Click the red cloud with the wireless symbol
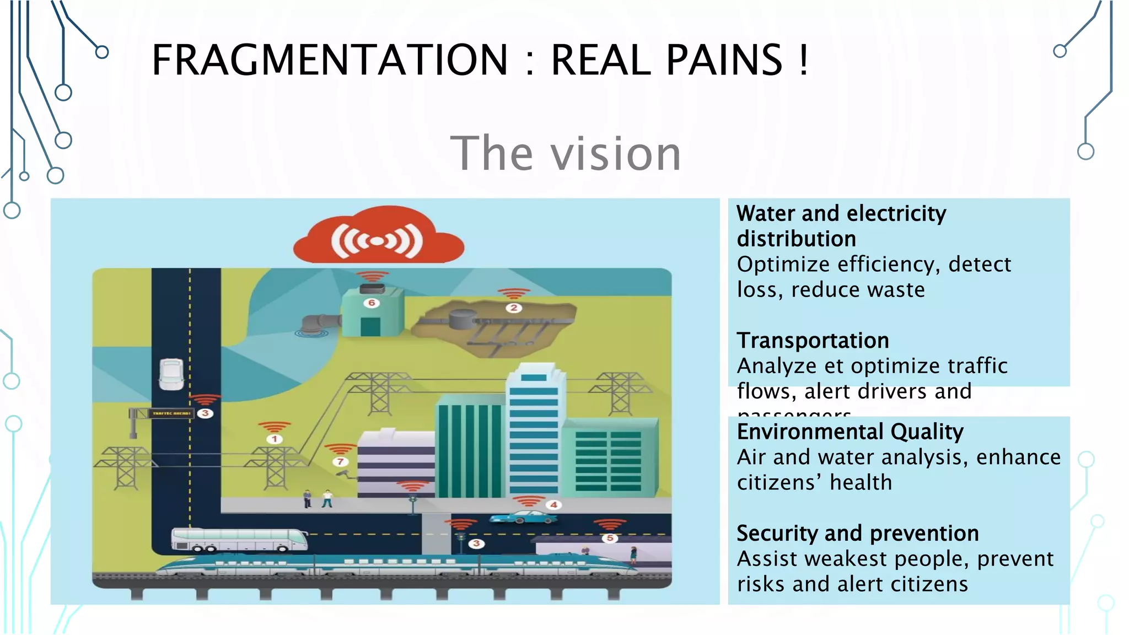coord(378,237)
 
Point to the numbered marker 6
coord(372,303)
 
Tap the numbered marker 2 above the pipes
coord(514,308)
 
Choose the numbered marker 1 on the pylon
coord(275,439)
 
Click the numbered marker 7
coord(340,461)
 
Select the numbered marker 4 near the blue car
coord(553,504)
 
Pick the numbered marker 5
coord(610,538)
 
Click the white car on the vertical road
coord(171,374)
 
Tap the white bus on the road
coord(239,540)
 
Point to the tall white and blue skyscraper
coord(534,430)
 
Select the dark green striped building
coord(470,449)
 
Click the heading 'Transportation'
coord(813,341)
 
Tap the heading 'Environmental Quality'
coord(850,432)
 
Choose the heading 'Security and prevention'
coord(858,533)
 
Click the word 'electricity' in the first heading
coord(896,214)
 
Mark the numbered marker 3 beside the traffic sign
coord(205,413)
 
